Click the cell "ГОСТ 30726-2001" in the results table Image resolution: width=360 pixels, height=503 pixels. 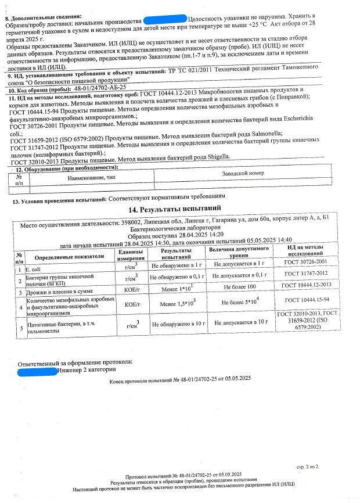coord(307,263)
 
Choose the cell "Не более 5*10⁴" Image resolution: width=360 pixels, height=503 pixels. coord(240,303)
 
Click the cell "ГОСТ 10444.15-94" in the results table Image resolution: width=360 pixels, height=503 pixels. coord(307,300)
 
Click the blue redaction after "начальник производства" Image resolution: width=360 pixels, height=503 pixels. coord(165,19)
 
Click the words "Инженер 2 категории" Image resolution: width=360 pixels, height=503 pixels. coord(83,370)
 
